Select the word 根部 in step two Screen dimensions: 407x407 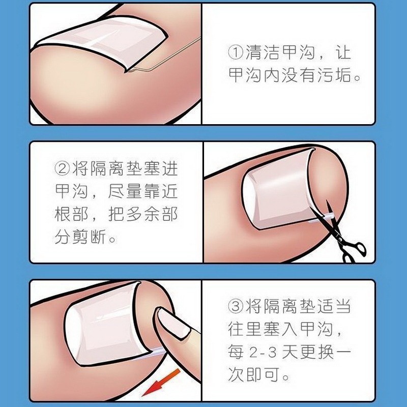(x=71, y=214)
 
